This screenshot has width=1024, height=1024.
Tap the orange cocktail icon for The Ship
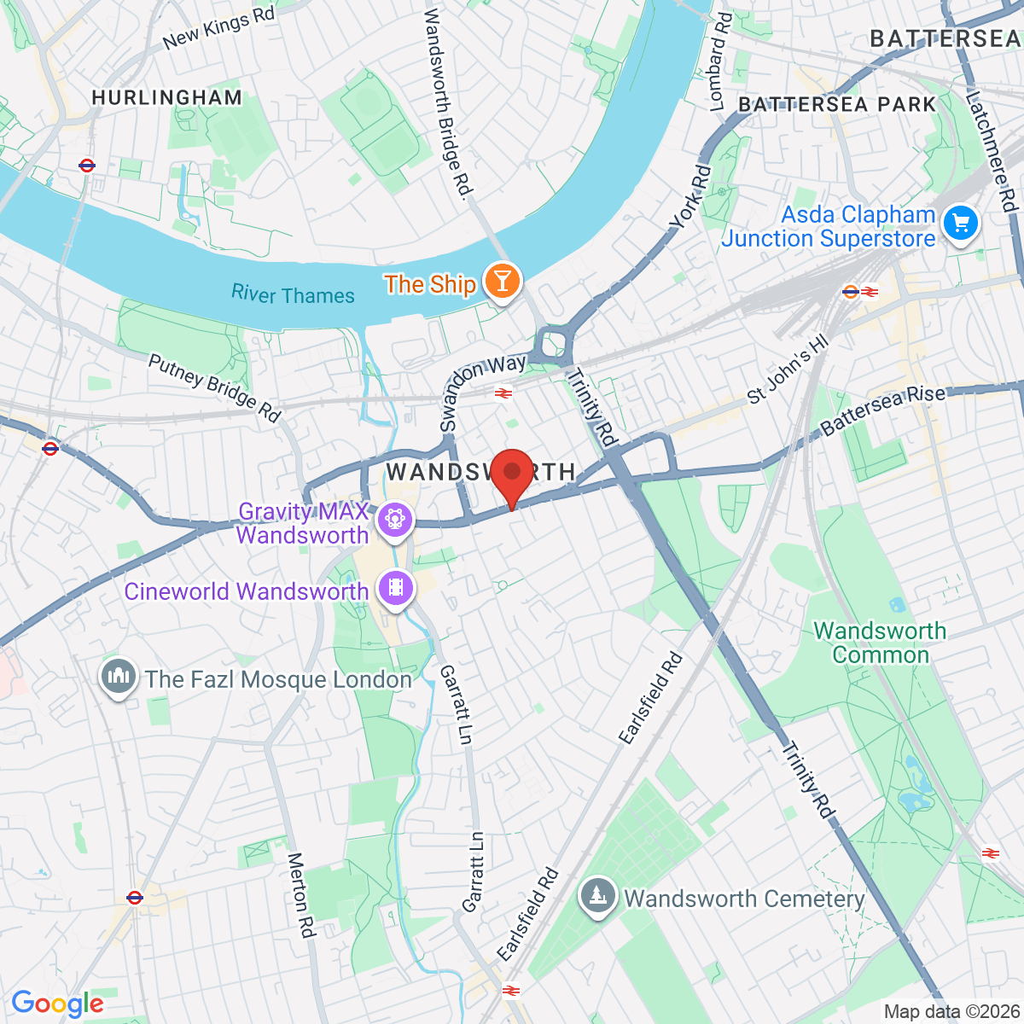pyautogui.click(x=502, y=282)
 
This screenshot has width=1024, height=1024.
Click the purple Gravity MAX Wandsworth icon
pyautogui.click(x=394, y=520)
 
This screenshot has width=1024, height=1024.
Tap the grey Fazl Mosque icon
pyautogui.click(x=118, y=677)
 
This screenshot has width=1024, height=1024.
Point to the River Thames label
pyautogui.click(x=293, y=294)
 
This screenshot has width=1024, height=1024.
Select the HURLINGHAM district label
pyautogui.click(x=167, y=98)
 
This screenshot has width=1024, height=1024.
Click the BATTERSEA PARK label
pyautogui.click(x=837, y=104)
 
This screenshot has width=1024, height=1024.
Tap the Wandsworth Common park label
pyautogui.click(x=880, y=643)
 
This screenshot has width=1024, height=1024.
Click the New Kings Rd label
pyautogui.click(x=218, y=28)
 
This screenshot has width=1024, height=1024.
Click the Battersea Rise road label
pyautogui.click(x=883, y=410)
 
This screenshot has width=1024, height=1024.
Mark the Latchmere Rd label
pyautogui.click(x=992, y=151)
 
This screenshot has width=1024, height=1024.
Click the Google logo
pyautogui.click(x=57, y=1004)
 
